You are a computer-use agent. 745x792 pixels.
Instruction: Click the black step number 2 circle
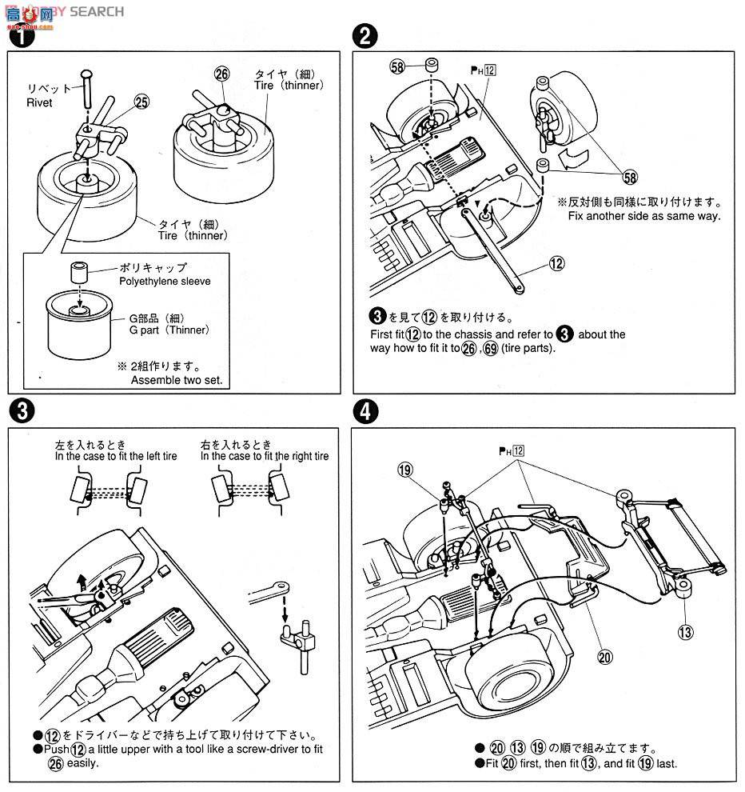coord(365,35)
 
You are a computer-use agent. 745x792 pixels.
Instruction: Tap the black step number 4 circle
coord(365,411)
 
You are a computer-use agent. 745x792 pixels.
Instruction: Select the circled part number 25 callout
coord(141,102)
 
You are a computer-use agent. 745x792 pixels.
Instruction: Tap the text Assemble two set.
coord(177,381)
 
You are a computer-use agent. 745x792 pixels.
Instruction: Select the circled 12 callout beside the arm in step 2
coord(556,263)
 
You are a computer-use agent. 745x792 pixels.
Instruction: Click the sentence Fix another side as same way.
coord(644,215)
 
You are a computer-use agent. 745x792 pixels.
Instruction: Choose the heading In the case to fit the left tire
coord(116,456)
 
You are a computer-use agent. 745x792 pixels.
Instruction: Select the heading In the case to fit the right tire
coord(265,456)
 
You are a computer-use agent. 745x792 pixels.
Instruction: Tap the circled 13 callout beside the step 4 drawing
coord(685,632)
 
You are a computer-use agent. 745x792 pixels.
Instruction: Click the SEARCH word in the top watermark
coord(97,11)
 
